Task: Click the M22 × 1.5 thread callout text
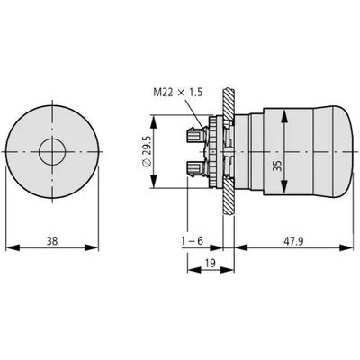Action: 178,93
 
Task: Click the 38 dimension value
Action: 52,240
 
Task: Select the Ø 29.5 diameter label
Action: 147,152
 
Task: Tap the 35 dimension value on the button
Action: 278,166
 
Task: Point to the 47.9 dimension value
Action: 294,240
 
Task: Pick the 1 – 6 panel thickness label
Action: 192,240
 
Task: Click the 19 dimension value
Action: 211,263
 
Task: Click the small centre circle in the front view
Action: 52,152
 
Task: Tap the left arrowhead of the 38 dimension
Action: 13,247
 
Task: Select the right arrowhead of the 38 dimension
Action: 92,247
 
